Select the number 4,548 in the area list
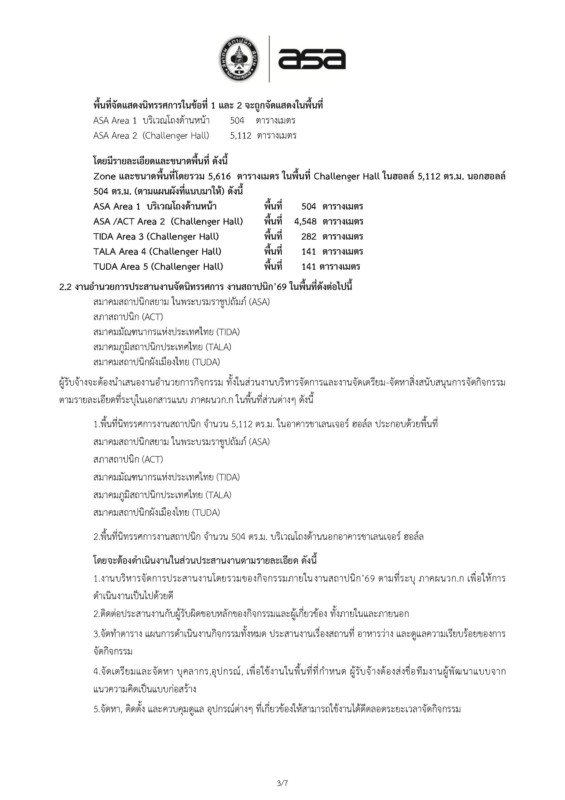pyautogui.click(x=305, y=222)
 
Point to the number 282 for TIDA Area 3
pyautogui.click(x=309, y=237)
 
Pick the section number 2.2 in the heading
pyautogui.click(x=65, y=287)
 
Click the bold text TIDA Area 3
pyautogui.click(x=118, y=237)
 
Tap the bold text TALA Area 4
pyautogui.click(x=120, y=252)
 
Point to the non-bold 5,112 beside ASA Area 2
pyautogui.click(x=241, y=136)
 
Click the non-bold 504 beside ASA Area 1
pyautogui.click(x=237, y=121)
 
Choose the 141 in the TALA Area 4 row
pyautogui.click(x=309, y=252)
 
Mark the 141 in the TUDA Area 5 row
pyautogui.click(x=308, y=267)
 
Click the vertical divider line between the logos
pyautogui.click(x=269, y=58)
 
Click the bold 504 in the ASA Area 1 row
pyautogui.click(x=309, y=207)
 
